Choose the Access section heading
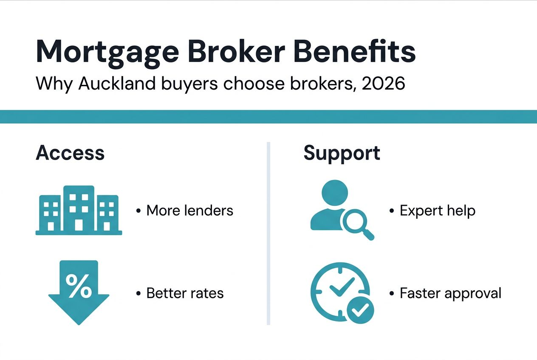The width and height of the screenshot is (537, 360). coord(70,153)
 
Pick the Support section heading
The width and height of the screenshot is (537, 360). coord(342,153)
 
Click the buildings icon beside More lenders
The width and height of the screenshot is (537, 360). coord(79,210)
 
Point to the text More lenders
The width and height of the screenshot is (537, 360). coord(189,210)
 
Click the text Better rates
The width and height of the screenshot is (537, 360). coord(185,293)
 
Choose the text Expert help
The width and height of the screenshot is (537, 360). coord(437,210)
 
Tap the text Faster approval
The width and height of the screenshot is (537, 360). coord(450,293)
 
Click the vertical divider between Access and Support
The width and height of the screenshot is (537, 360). coord(268,233)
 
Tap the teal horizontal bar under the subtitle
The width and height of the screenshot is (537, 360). coord(268,116)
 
